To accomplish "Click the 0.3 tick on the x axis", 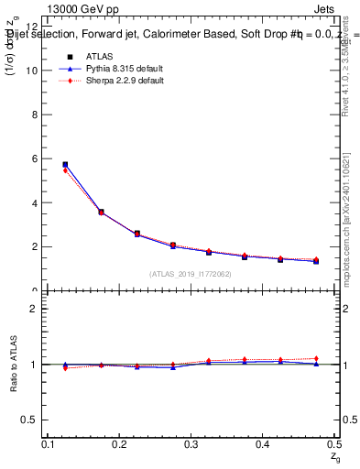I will pyautogui.click(x=191, y=444).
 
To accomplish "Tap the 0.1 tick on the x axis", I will pyautogui.click(x=49, y=444).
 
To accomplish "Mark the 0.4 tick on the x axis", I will pyautogui.click(x=262, y=444).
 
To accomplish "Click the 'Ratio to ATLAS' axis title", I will pyautogui.click(x=13, y=364).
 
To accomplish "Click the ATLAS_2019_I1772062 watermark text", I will pyautogui.click(x=191, y=274).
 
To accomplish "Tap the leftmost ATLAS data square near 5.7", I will pyautogui.click(x=65, y=165).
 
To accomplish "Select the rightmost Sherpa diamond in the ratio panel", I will pyautogui.click(x=316, y=358).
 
